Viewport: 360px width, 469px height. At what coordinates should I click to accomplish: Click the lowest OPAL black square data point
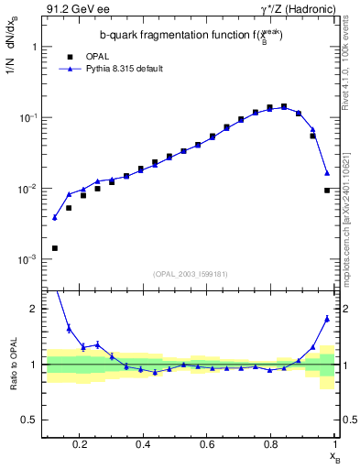[55, 248]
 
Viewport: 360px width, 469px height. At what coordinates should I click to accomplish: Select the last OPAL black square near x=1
[327, 191]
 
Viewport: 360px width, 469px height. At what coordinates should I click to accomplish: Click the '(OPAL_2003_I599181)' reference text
[191, 273]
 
